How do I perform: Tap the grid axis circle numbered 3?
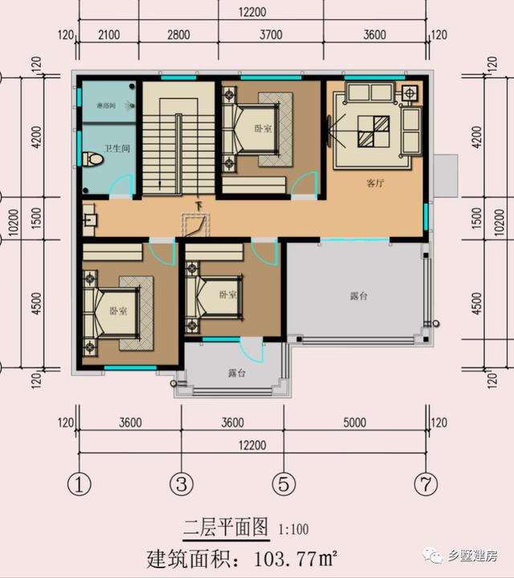[182, 484]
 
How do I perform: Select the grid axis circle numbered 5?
[283, 484]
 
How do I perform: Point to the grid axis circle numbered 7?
[425, 484]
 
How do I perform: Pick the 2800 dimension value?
[178, 35]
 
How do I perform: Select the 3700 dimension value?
[272, 35]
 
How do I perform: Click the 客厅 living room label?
[375, 183]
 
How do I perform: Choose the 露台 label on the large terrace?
[359, 296]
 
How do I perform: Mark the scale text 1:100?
[293, 529]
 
